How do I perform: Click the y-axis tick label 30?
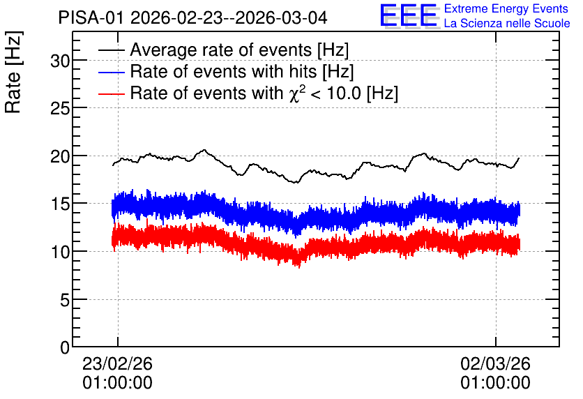pos(60,61)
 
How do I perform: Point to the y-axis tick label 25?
pos(60,108)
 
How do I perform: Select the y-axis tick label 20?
pos(60,156)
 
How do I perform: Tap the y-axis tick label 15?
pos(60,204)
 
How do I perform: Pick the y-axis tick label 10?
pos(60,252)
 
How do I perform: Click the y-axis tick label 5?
pos(65,300)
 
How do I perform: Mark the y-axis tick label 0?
pos(65,348)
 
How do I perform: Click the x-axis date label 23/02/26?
pos(117,363)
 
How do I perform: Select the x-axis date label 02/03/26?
pos(495,363)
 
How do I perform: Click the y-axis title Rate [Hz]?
pos(13,73)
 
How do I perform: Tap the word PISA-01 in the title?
pos(91,17)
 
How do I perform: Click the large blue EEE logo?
pos(409,15)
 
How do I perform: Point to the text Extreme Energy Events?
pos(506,8)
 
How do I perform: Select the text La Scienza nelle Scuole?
pos(507,24)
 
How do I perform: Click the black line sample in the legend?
pos(111,50)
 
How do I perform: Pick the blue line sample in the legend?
pos(111,72)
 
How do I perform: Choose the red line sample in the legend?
pos(111,93)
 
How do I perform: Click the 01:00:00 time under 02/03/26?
pos(495,383)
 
